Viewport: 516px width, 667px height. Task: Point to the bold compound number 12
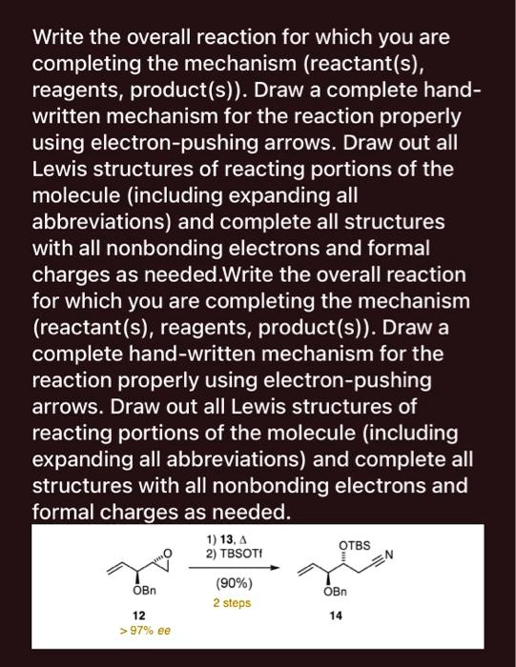[138, 615]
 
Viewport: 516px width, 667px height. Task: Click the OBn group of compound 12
[139, 591]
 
